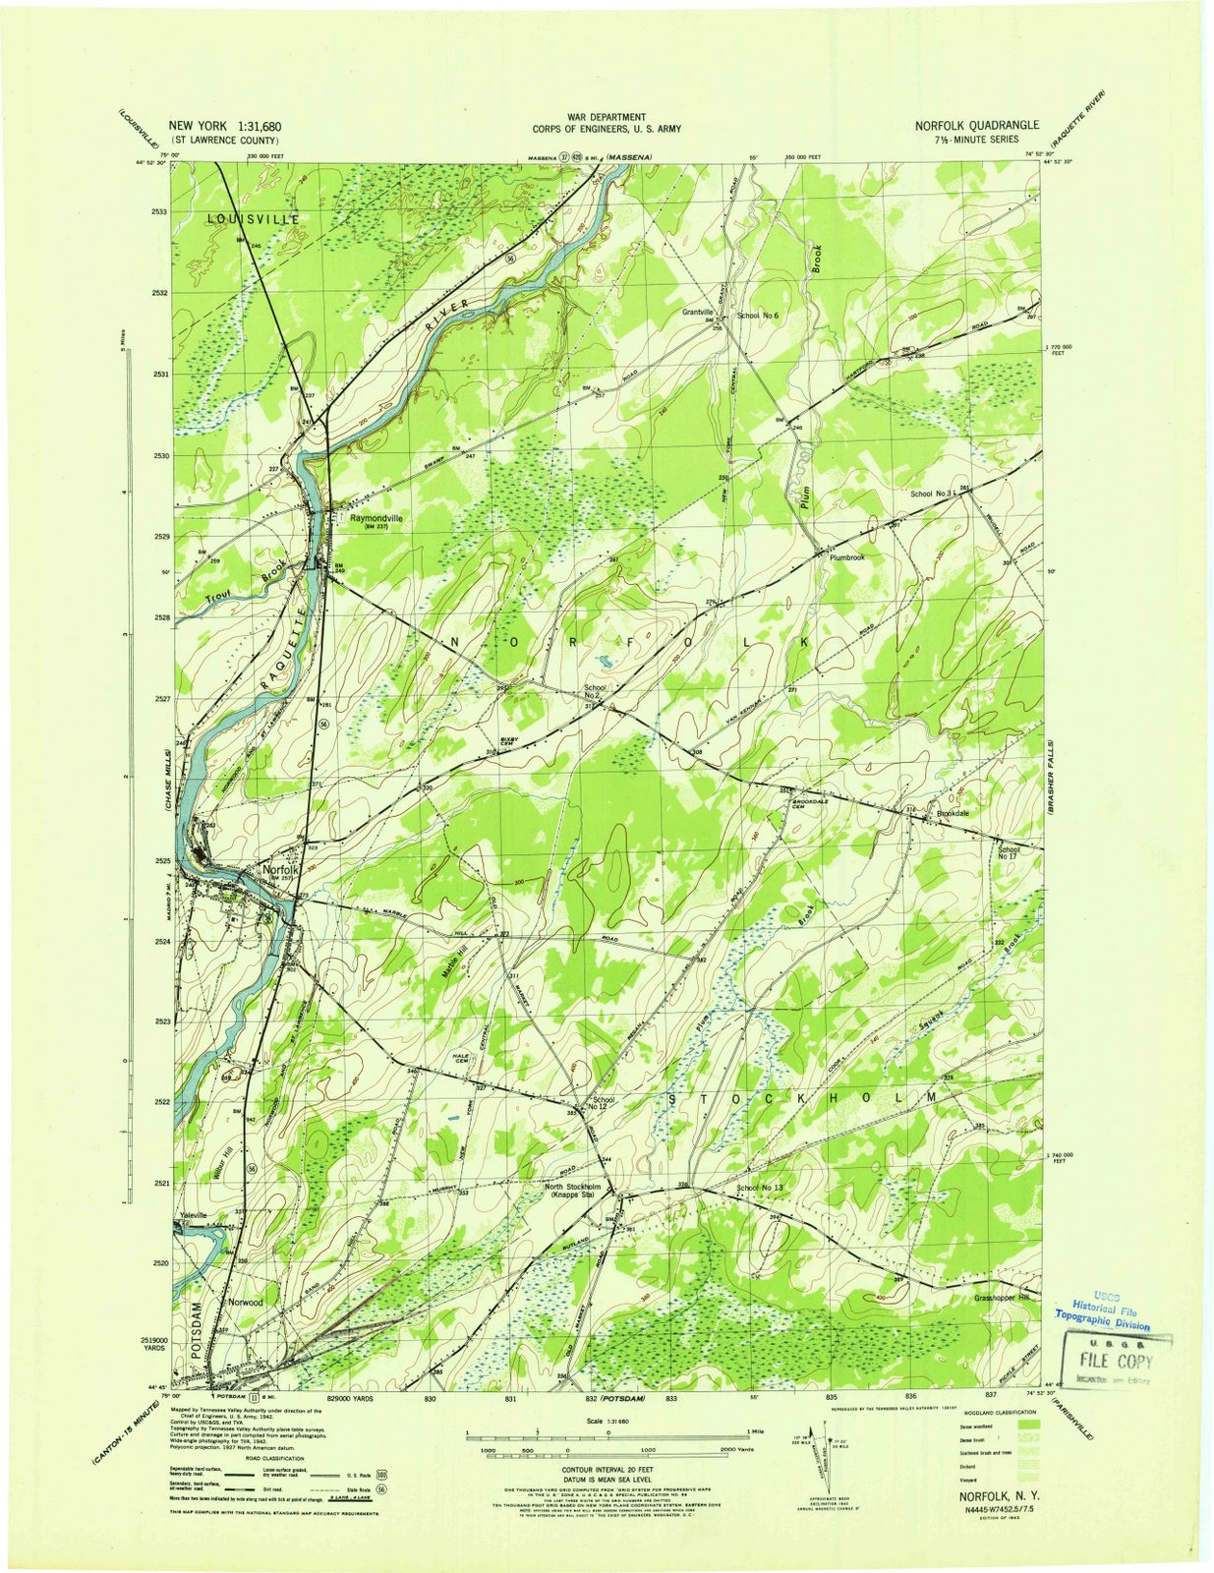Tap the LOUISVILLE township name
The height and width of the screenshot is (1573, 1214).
click(x=253, y=218)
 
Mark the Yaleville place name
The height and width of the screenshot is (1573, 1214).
click(x=197, y=1216)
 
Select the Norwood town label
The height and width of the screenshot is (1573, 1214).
click(x=245, y=1302)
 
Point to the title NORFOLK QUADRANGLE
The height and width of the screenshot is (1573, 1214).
click(x=976, y=126)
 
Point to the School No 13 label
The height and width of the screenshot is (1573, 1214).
click(x=759, y=1189)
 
